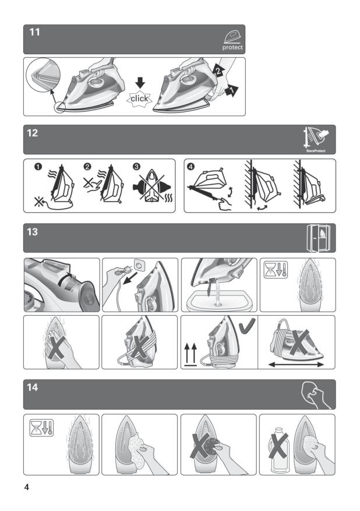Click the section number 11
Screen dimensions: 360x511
coord(34,32)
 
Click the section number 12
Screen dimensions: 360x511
coord(33,133)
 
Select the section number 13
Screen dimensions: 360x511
coord(33,232)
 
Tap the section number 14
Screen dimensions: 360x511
coord(33,387)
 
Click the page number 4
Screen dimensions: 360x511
coord(27,487)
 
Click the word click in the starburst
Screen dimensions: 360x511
coord(139,98)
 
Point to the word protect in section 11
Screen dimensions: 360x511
coord(232,48)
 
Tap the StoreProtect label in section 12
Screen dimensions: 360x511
coord(316,151)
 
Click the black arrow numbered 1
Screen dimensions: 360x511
coord(232,90)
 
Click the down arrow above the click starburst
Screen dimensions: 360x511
coord(140,83)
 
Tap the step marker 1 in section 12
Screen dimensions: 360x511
coord(38,167)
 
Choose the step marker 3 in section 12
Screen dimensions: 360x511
coord(136,167)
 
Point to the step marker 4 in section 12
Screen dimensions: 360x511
coord(190,167)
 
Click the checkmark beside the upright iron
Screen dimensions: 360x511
coord(247,326)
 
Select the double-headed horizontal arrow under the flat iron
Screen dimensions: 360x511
coord(296,364)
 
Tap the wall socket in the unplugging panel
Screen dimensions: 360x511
coord(139,266)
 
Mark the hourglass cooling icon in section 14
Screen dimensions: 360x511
coord(41,428)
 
